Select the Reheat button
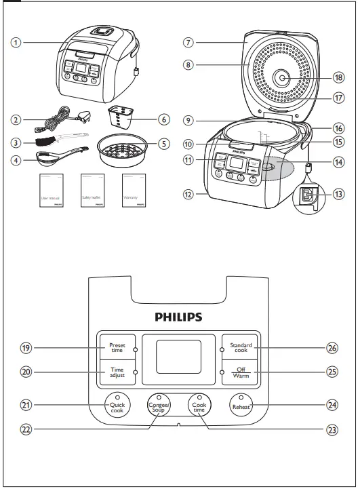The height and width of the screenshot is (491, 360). [x=243, y=406]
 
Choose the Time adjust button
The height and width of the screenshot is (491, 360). [x=117, y=372]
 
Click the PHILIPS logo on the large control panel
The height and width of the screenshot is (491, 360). [x=179, y=316]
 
